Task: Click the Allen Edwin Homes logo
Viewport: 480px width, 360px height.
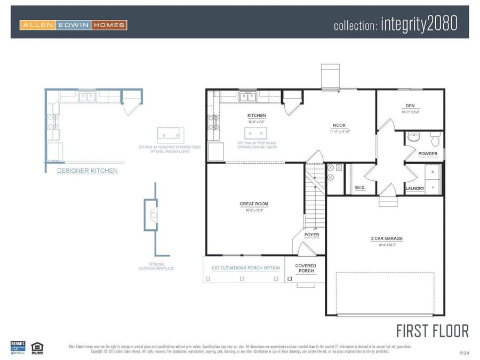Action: tap(74, 25)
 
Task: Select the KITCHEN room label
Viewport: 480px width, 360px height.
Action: tap(256, 115)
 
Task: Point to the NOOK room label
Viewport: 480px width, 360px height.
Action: tap(339, 125)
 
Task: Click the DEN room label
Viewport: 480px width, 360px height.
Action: tap(410, 106)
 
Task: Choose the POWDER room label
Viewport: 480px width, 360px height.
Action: tap(428, 154)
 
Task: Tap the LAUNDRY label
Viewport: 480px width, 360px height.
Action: tap(415, 188)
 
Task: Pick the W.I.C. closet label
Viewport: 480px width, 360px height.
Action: tap(360, 188)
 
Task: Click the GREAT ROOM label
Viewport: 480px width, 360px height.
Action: tap(254, 204)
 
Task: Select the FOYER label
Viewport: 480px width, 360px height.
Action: tap(312, 235)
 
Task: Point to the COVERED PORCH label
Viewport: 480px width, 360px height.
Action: tap(306, 268)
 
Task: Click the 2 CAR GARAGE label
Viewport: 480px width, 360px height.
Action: tap(387, 238)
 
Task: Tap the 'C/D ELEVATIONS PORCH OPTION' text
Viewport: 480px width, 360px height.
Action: tap(245, 268)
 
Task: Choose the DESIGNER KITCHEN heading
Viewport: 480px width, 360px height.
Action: tap(87, 171)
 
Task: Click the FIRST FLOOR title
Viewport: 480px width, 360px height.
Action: tap(433, 331)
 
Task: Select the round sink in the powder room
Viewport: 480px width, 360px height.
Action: tap(413, 137)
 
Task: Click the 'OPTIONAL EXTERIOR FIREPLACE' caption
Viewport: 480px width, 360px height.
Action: tap(157, 266)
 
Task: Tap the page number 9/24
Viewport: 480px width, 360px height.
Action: tap(464, 353)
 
